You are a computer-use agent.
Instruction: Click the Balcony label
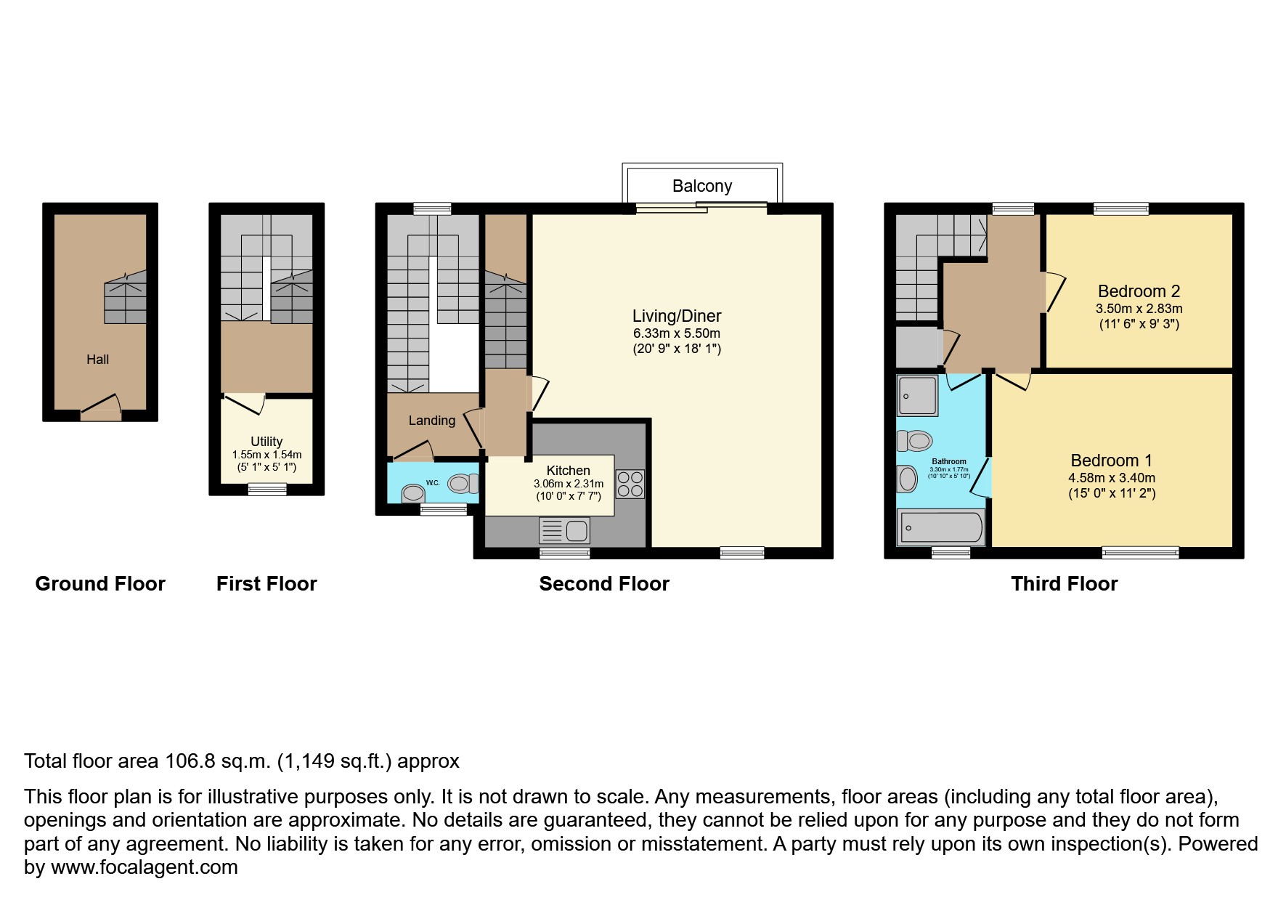pos(701,186)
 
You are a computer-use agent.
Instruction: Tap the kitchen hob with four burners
pos(630,485)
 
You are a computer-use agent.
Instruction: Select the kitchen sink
pos(565,531)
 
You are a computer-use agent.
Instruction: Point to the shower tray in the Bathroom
pos(917,395)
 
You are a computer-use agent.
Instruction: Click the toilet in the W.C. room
pos(462,483)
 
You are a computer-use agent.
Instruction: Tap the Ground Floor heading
pos(100,584)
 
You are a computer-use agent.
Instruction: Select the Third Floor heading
pos(1064,584)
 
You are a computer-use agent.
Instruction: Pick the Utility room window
pos(267,490)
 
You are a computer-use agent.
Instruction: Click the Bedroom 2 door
pos(1053,293)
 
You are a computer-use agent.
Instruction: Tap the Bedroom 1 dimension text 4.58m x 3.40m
pos(1111,478)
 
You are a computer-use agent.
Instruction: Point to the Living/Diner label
pos(676,316)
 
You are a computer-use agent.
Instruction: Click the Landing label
pos(431,421)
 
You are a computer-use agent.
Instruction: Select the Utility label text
pos(266,442)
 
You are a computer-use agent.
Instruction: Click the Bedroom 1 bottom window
pos(1140,553)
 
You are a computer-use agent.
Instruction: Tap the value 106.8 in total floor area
pos(190,761)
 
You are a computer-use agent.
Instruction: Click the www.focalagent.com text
pos(144,867)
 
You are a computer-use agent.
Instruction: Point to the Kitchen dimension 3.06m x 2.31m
pos(568,484)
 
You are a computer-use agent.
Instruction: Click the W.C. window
pos(444,510)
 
